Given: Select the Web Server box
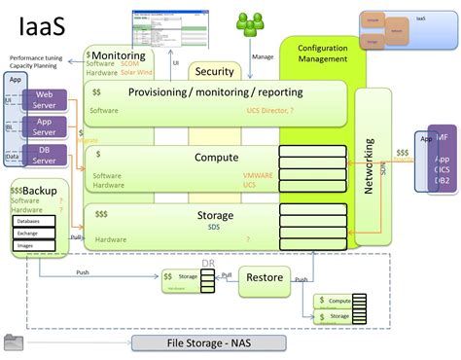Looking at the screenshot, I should (51, 101).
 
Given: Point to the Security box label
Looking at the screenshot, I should (214, 72).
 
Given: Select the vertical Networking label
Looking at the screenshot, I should (370, 165).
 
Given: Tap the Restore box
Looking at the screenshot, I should (265, 278).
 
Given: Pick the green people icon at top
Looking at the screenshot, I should (252, 18).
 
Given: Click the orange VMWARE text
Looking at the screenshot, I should (258, 175).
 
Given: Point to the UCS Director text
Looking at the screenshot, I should (268, 111).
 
